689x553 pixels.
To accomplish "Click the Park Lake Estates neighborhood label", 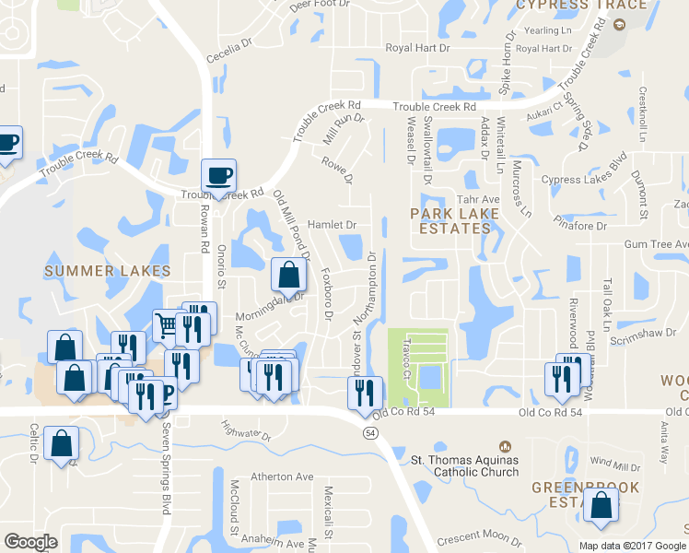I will point(454,221).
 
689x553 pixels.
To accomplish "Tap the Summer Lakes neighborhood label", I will point(108,271).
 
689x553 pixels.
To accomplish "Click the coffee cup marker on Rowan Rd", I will point(219,175).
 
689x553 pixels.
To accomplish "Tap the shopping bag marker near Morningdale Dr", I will point(289,275).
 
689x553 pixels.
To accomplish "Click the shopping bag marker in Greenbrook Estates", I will point(601,507).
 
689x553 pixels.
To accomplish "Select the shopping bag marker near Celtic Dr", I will point(61,443).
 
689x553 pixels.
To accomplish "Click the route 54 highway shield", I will point(370,431).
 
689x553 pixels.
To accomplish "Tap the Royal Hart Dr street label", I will point(417,48).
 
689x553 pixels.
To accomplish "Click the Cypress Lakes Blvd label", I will point(584,180).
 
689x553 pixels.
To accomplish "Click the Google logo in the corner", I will point(30,542).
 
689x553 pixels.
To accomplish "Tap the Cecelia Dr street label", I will point(230,50).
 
